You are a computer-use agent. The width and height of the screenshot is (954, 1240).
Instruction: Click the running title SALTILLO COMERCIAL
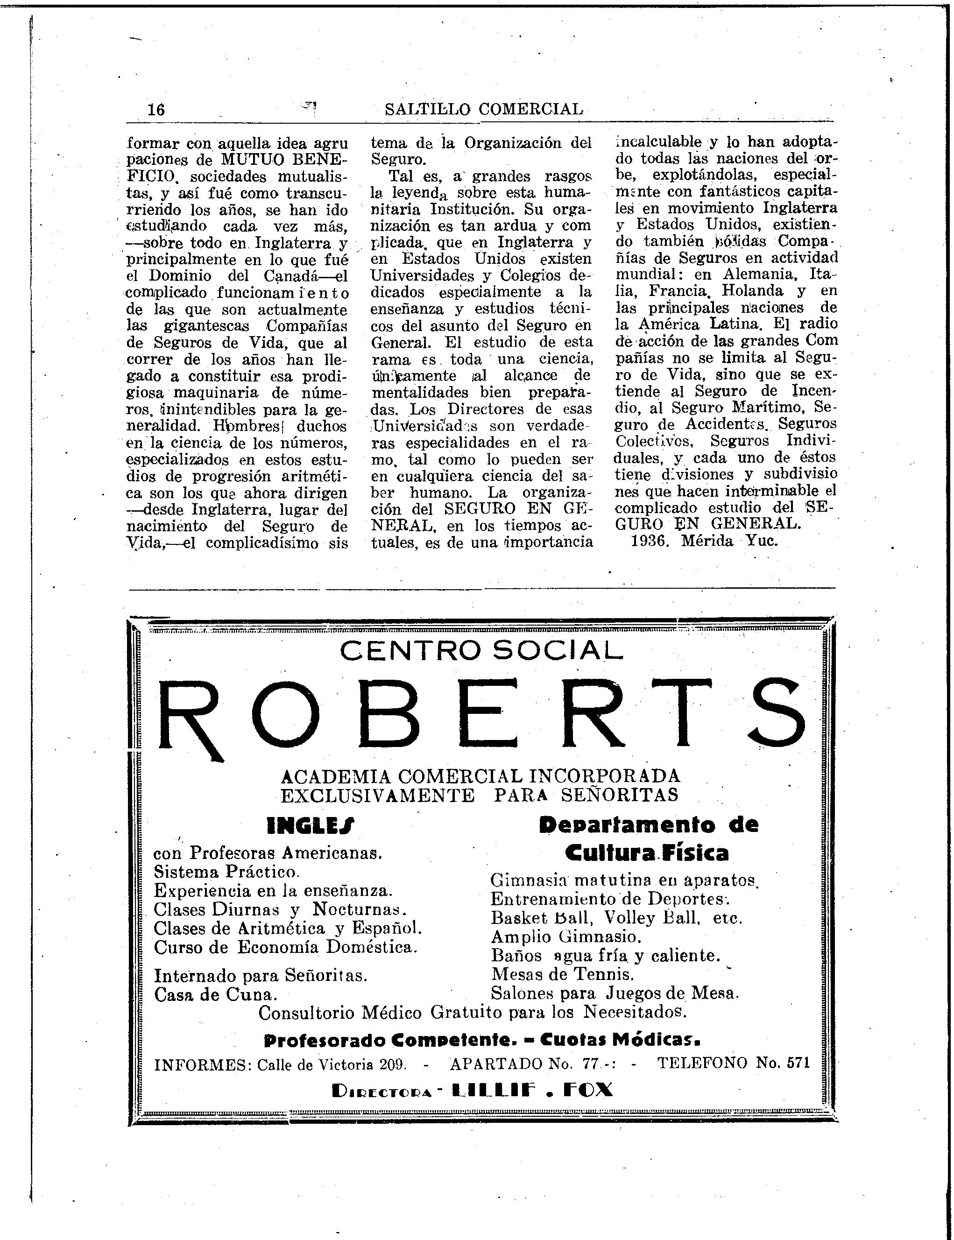click(483, 109)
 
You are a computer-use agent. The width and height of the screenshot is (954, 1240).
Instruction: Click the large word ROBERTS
click(481, 716)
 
